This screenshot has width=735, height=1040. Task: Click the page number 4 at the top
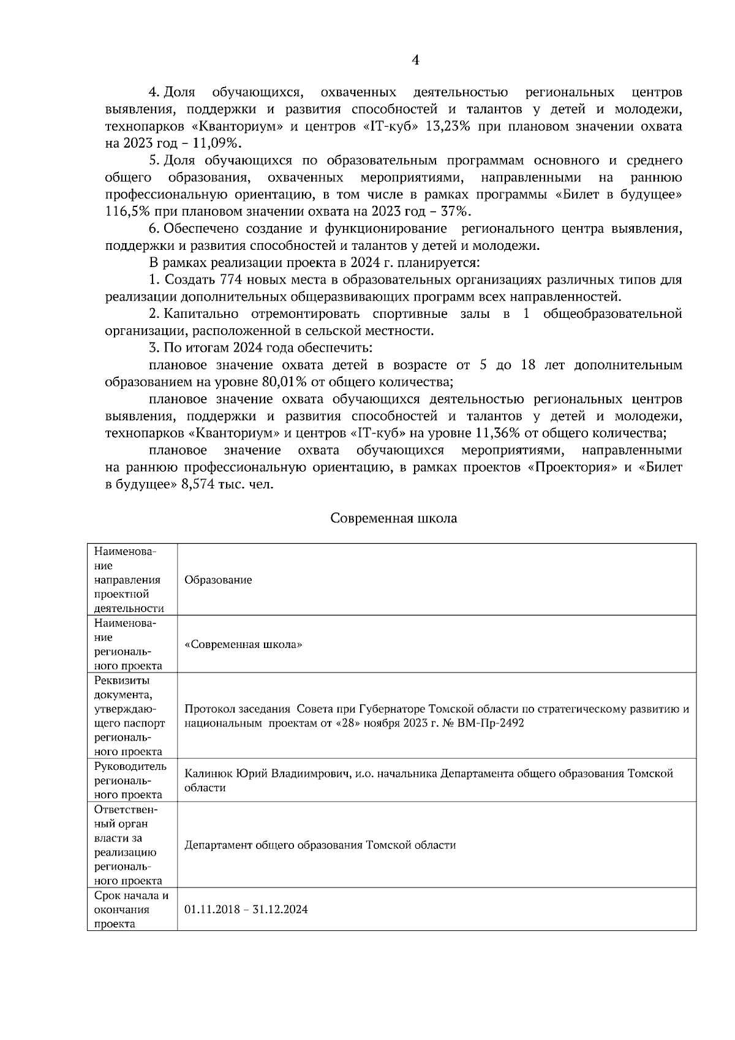pyautogui.click(x=415, y=60)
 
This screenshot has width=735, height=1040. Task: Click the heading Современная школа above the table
pyautogui.click(x=393, y=518)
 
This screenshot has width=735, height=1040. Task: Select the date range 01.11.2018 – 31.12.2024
pyautogui.click(x=246, y=910)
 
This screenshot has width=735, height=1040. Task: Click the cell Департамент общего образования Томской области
pyautogui.click(x=320, y=845)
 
